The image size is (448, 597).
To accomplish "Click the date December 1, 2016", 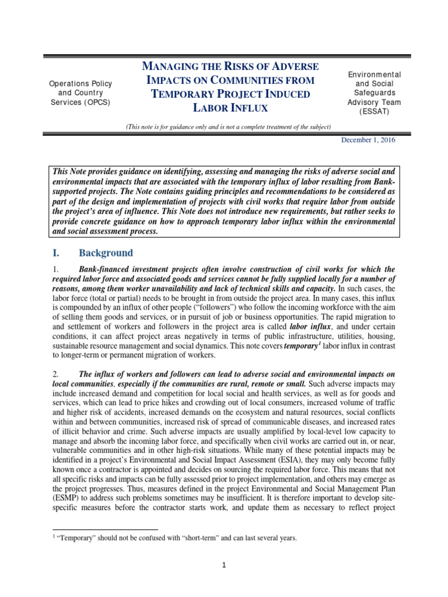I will point(366,141).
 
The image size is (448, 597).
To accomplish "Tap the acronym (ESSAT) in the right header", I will point(383,112).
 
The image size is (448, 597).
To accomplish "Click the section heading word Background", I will point(106,253).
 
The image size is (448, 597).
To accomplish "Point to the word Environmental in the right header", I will point(383,75).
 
